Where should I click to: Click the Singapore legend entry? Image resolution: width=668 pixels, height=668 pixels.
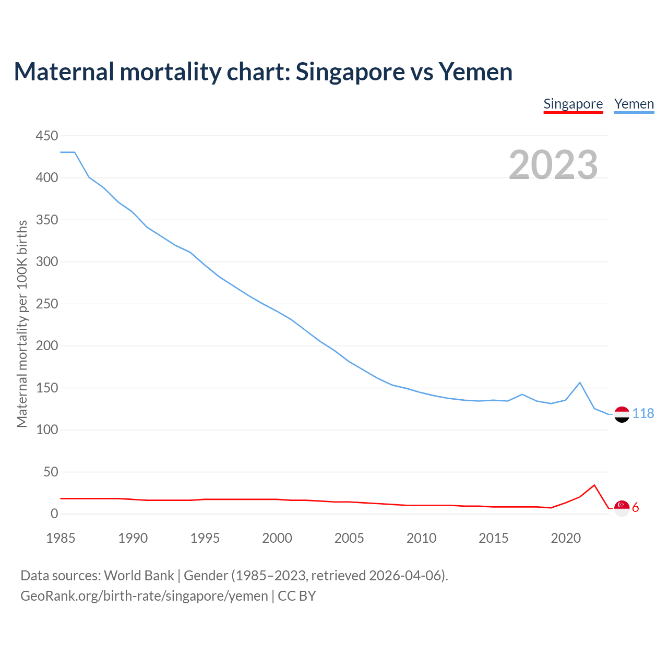tap(573, 104)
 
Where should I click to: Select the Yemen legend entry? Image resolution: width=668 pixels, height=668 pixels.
tap(634, 104)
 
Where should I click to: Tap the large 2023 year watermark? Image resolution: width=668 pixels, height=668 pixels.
tap(553, 164)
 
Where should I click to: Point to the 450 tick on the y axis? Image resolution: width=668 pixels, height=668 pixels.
tap(47, 136)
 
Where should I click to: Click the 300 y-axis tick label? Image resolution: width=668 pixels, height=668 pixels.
tap(47, 262)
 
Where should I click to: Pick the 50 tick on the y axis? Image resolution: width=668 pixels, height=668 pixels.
tap(51, 472)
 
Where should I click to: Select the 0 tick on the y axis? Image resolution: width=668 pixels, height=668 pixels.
tap(54, 514)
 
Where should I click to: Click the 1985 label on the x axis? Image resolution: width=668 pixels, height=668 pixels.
tap(61, 538)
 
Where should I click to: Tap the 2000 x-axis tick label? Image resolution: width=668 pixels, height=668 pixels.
tap(277, 538)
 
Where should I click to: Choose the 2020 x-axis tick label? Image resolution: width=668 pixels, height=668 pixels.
tap(566, 538)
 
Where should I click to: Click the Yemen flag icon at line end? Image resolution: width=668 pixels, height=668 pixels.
tap(622, 414)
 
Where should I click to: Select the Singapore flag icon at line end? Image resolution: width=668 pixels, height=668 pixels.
tap(622, 508)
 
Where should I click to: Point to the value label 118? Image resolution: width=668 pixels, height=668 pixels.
tap(643, 414)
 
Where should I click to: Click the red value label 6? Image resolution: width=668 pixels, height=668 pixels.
tap(636, 508)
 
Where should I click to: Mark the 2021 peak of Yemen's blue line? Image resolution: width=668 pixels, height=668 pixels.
tap(580, 383)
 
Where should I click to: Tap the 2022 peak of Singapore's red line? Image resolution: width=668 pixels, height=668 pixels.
tap(594, 485)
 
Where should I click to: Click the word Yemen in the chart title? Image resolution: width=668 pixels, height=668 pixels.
tap(475, 71)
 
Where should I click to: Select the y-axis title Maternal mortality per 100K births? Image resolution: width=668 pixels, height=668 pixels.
tap(22, 324)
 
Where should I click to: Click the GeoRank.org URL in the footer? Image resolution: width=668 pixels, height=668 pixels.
tap(144, 596)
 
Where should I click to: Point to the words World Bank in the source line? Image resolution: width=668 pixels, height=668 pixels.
tap(139, 576)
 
